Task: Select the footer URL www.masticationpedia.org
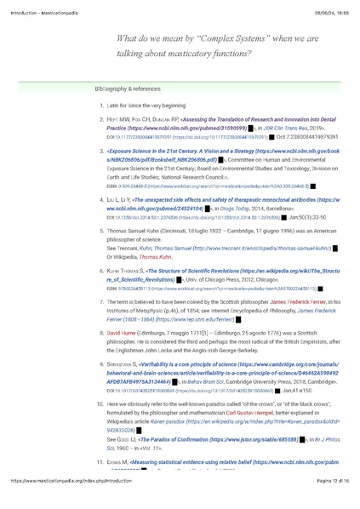pos(77,505)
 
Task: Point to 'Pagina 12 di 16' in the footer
pos(323,505)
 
